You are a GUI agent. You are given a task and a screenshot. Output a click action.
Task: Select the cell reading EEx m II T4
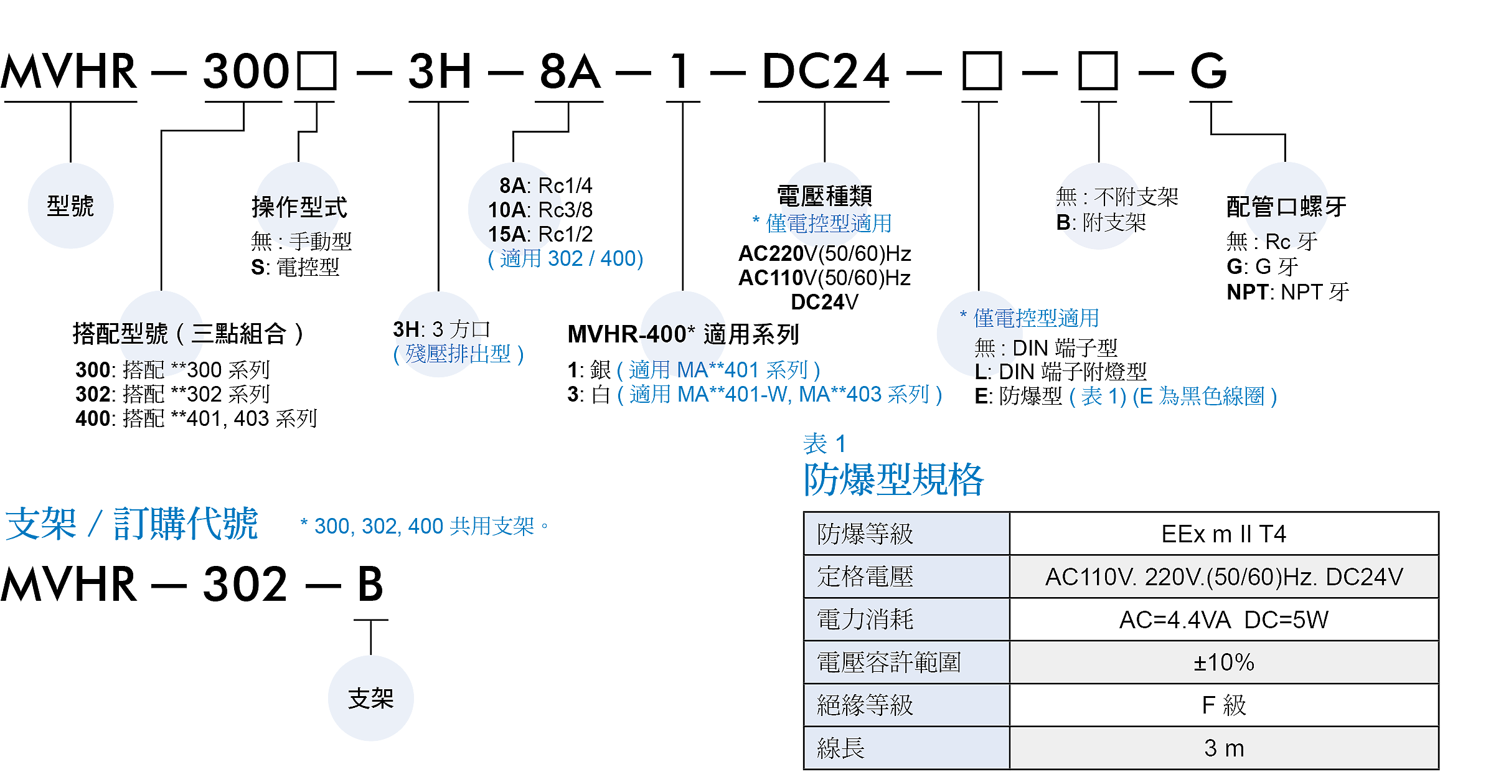point(1223,534)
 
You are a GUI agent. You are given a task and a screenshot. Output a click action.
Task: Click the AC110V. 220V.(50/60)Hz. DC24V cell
point(1223,577)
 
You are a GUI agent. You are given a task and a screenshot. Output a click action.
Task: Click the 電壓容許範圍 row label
point(888,662)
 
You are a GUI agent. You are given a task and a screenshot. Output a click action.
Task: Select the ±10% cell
point(1223,662)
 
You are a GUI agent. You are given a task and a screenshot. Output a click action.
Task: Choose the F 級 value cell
point(1223,705)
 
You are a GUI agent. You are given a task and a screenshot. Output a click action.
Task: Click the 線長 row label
point(840,748)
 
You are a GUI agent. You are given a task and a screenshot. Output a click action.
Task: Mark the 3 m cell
point(1223,748)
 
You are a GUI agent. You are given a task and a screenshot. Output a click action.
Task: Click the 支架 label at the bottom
point(370,699)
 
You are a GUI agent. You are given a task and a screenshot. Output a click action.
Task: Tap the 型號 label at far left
point(70,205)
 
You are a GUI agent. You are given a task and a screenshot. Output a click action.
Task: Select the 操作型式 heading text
point(299,207)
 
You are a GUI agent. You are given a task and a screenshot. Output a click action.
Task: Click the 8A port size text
point(529,186)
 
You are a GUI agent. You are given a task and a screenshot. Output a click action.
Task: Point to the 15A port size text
point(523,234)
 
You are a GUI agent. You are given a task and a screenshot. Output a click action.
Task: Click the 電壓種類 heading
point(823,196)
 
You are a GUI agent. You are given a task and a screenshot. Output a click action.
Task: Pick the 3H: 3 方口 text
point(439,329)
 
